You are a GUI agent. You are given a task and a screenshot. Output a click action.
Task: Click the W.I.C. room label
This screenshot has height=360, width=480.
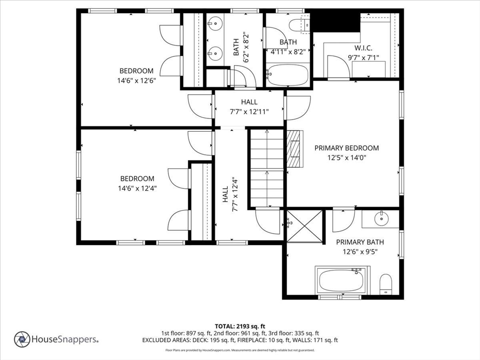[363, 48]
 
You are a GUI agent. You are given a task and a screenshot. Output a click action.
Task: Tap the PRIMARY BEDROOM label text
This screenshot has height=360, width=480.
[346, 148]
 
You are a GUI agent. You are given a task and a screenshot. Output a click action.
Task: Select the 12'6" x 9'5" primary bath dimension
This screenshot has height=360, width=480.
[360, 252]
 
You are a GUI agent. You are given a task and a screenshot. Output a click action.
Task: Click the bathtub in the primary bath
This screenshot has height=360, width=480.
[342, 280]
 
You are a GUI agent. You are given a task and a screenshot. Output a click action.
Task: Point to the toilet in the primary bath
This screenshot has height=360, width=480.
[386, 284]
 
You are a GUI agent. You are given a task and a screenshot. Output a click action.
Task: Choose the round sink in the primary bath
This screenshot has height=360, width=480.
[382, 218]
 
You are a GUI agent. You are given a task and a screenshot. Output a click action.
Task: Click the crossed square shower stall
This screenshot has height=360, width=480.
[304, 227]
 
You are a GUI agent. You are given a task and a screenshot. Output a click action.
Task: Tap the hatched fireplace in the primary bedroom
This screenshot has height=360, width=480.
[295, 149]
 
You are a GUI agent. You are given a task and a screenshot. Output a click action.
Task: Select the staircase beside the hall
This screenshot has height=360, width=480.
[267, 168]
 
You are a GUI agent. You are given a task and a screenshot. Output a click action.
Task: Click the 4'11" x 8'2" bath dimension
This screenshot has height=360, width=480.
[288, 52]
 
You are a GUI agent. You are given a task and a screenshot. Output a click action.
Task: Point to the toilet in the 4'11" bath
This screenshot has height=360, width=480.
[299, 25]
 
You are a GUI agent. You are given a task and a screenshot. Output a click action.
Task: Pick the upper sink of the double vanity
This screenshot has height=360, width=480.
[215, 22]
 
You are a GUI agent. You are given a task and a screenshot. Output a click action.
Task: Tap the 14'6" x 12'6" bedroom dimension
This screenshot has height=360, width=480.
[136, 81]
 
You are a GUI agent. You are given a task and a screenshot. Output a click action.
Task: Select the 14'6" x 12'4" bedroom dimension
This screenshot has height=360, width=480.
[137, 188]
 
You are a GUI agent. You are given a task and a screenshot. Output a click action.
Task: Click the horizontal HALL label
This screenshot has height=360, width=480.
[249, 102]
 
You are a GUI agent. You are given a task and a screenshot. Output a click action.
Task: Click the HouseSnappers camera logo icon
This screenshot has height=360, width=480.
[22, 339]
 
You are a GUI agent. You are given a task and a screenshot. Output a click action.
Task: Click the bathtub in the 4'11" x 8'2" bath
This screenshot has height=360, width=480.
[287, 75]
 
